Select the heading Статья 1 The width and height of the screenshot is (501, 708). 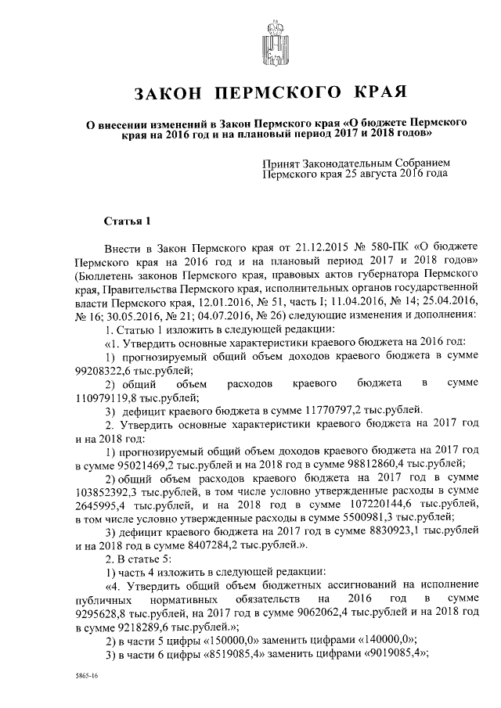(125, 221)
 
